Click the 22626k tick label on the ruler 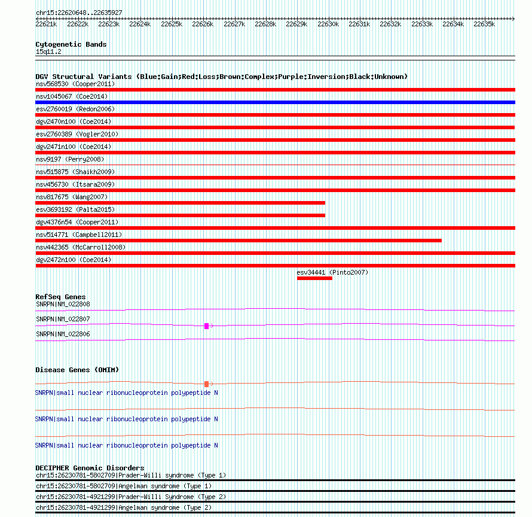(x=203, y=25)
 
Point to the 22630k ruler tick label (x=328, y=25)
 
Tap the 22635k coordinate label (x=484, y=25)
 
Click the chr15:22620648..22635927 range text (x=79, y=13)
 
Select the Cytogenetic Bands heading (x=71, y=44)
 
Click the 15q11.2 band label (x=48, y=51)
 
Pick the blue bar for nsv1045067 (x=275, y=102)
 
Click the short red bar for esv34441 (x=314, y=278)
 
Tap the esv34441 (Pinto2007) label (x=332, y=272)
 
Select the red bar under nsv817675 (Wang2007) (x=180, y=203)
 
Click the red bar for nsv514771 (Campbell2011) (x=239, y=241)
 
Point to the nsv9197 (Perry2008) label (x=70, y=159)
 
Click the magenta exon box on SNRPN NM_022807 (x=206, y=326)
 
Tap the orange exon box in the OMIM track (x=206, y=384)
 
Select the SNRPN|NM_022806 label (x=63, y=334)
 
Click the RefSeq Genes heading (x=60, y=297)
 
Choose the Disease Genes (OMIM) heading (x=77, y=370)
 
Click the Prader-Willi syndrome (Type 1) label (x=130, y=475)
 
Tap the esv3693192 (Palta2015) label (x=75, y=209)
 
